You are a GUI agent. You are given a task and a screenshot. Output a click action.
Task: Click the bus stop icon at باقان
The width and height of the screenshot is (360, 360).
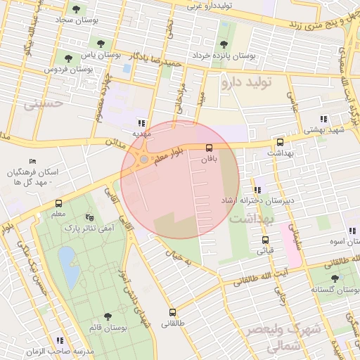pos(209,148)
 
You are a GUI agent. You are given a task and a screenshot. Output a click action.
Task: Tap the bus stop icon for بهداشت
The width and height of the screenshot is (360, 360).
pos(281,141)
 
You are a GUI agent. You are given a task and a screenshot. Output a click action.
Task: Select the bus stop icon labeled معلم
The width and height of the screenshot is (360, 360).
pos(58,204)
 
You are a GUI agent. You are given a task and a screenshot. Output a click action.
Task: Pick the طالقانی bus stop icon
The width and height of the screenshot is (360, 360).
pos(172,312)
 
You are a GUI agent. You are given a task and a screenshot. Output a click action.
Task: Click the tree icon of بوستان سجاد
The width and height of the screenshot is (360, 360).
pos(76,10)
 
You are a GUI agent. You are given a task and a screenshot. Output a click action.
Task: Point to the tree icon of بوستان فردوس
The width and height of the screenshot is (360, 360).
pos(68,58)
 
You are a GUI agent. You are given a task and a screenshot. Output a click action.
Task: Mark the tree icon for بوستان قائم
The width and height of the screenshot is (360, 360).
pos(107,317)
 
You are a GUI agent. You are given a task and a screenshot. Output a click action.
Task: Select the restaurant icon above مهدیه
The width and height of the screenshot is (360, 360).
pos(143,121)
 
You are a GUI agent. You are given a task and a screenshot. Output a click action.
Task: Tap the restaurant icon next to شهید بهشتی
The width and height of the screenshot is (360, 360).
pos(323,119)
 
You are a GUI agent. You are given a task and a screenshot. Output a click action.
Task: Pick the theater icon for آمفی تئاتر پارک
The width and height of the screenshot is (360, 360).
pos(89,217)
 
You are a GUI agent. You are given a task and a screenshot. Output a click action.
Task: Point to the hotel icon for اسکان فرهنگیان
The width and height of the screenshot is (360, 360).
pos(32,162)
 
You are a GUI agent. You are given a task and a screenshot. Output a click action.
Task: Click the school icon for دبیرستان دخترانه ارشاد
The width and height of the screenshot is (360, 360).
pos(257,190)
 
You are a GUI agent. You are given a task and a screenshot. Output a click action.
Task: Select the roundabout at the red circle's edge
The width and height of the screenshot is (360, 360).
pos(143,160)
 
